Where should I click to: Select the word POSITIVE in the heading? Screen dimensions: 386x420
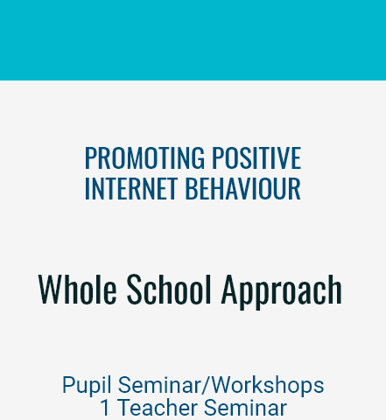tap(256, 157)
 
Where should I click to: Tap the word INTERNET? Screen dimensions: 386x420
tap(131, 188)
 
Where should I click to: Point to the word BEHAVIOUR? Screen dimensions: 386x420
tap(242, 188)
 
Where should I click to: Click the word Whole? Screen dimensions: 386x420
tap(77, 289)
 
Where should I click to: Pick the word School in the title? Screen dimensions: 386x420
tap(169, 289)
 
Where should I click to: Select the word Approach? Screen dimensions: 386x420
tap(282, 291)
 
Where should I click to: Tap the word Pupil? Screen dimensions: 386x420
tap(87, 386)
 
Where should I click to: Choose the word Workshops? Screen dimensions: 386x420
tap(268, 386)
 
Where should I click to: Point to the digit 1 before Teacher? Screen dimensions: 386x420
tap(105, 408)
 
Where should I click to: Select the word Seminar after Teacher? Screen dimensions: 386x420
tap(245, 408)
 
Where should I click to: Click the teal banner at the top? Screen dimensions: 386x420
tap(193, 40)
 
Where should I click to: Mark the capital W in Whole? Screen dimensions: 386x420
tap(52, 289)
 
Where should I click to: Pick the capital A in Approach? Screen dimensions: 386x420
tap(230, 289)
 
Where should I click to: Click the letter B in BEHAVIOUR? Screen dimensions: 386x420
tap(192, 188)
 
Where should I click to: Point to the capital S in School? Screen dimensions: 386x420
tap(135, 289)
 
